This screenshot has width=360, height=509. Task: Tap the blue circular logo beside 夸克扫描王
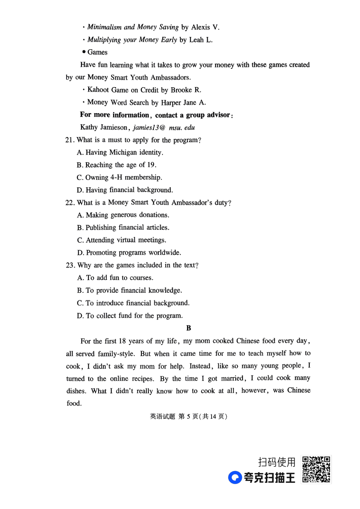(x=235, y=478)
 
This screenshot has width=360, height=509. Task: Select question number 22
(x=70, y=203)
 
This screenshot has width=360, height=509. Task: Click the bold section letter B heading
(x=188, y=328)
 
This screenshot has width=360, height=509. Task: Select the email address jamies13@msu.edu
(x=164, y=127)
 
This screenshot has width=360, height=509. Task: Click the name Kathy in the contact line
(x=89, y=127)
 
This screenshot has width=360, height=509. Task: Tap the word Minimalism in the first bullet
(x=104, y=27)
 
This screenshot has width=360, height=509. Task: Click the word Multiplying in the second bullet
(x=104, y=40)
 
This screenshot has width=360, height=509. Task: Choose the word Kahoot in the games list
(x=98, y=90)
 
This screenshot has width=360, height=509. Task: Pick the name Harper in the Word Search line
(x=171, y=103)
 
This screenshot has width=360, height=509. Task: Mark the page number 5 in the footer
(x=188, y=416)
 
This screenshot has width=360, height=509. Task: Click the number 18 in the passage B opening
(x=122, y=341)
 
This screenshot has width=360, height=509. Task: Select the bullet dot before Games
(x=84, y=52)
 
